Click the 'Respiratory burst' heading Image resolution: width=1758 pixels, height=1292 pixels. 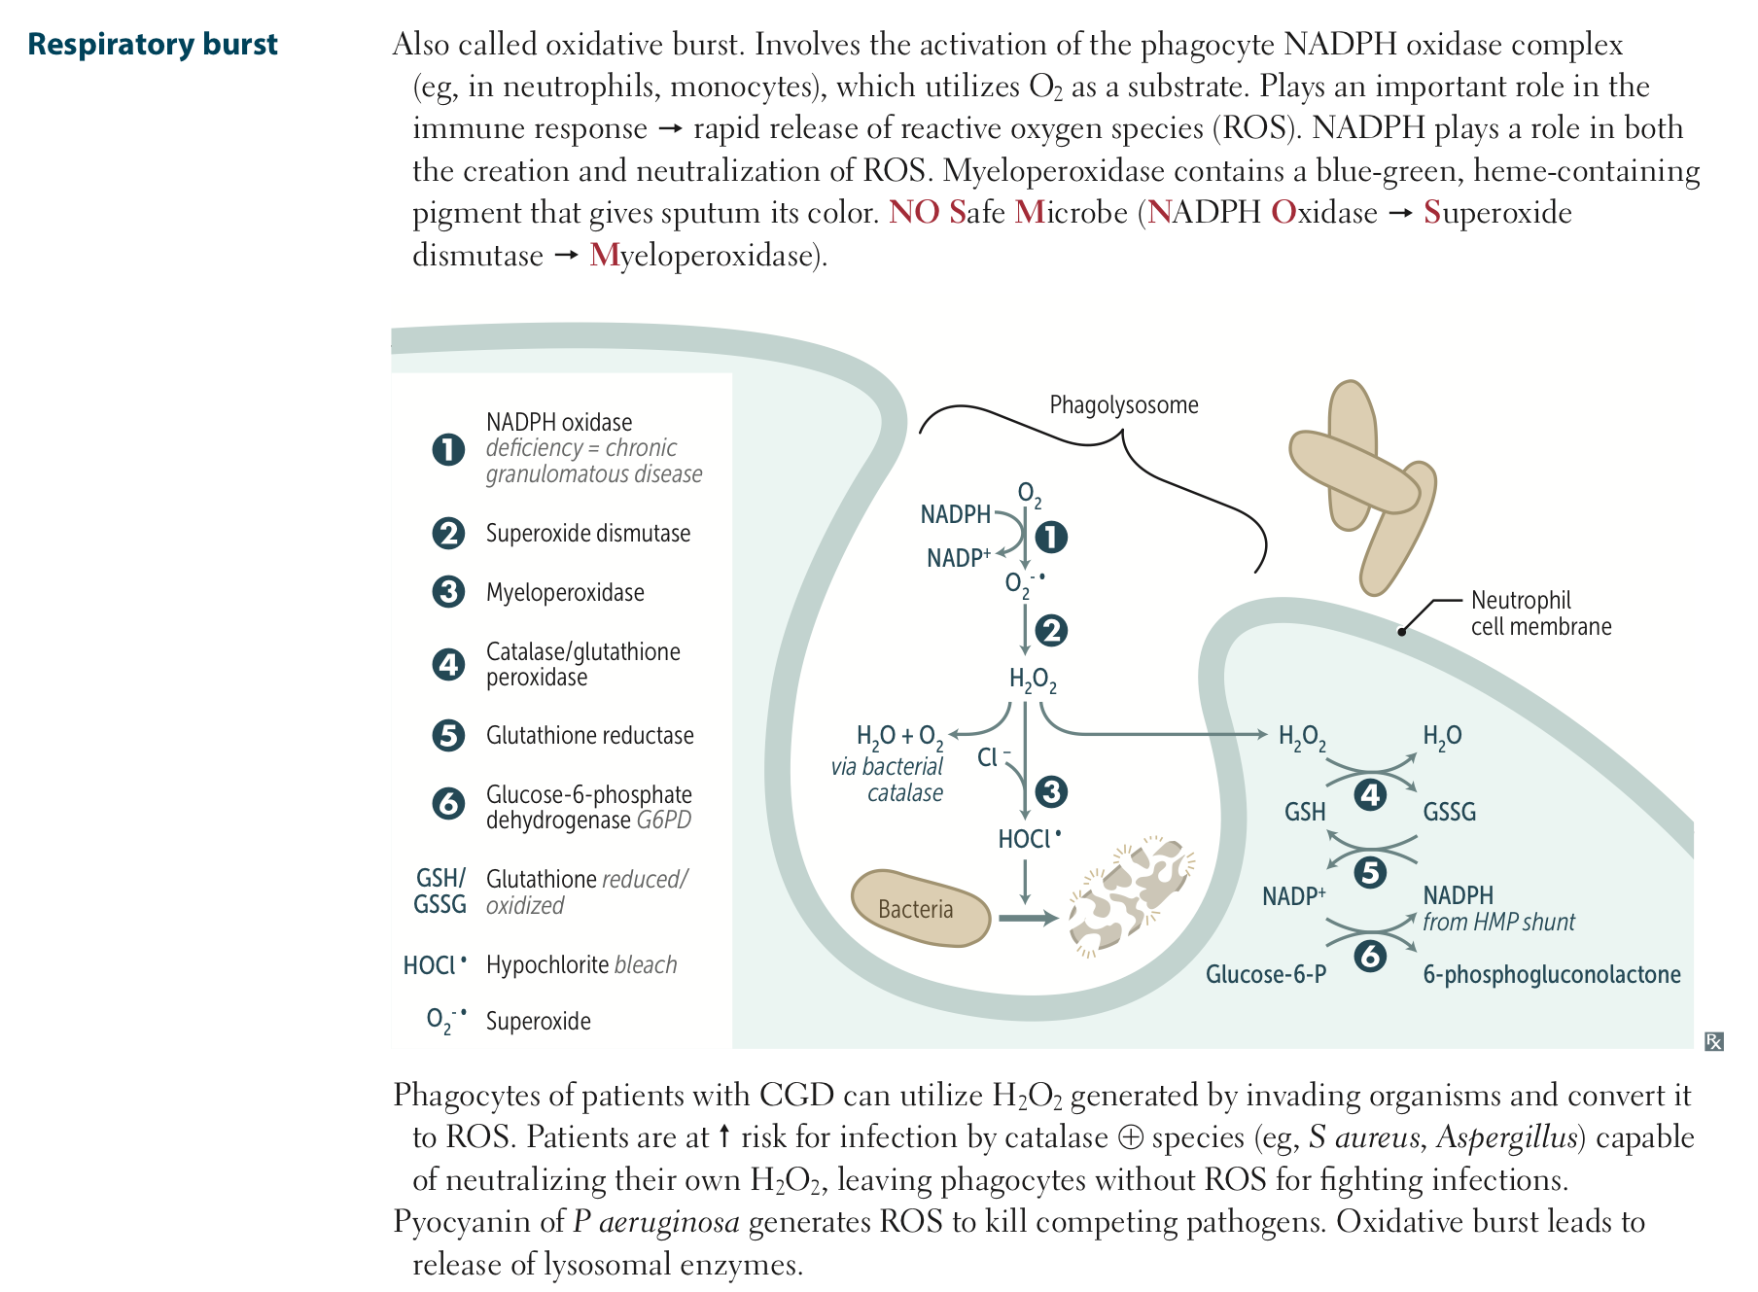point(152,45)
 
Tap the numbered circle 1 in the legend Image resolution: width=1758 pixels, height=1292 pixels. point(448,449)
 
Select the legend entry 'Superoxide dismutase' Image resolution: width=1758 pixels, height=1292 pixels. point(587,534)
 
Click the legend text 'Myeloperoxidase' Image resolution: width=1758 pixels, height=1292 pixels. point(565,593)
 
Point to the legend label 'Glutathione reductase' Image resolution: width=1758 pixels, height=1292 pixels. point(589,736)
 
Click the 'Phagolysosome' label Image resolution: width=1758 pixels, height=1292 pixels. point(1123,405)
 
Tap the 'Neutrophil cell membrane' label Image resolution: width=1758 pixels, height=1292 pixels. point(1540,613)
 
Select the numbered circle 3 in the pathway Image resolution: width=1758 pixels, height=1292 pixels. point(1050,791)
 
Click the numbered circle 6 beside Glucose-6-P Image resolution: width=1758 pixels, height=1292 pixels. point(1370,957)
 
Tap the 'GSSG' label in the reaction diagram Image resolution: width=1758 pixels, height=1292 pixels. point(1449,813)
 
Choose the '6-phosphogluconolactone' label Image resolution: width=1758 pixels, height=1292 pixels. point(1551,975)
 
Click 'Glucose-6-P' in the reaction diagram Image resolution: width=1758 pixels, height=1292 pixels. point(1265,975)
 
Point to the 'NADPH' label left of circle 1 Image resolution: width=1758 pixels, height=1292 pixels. point(955,514)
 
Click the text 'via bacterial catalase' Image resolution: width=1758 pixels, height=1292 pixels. point(887,780)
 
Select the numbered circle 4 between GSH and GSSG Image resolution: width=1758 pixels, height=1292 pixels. point(1370,795)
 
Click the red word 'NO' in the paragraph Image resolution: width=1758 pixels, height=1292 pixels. point(913,213)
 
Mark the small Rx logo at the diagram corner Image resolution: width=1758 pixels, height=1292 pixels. point(1714,1042)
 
